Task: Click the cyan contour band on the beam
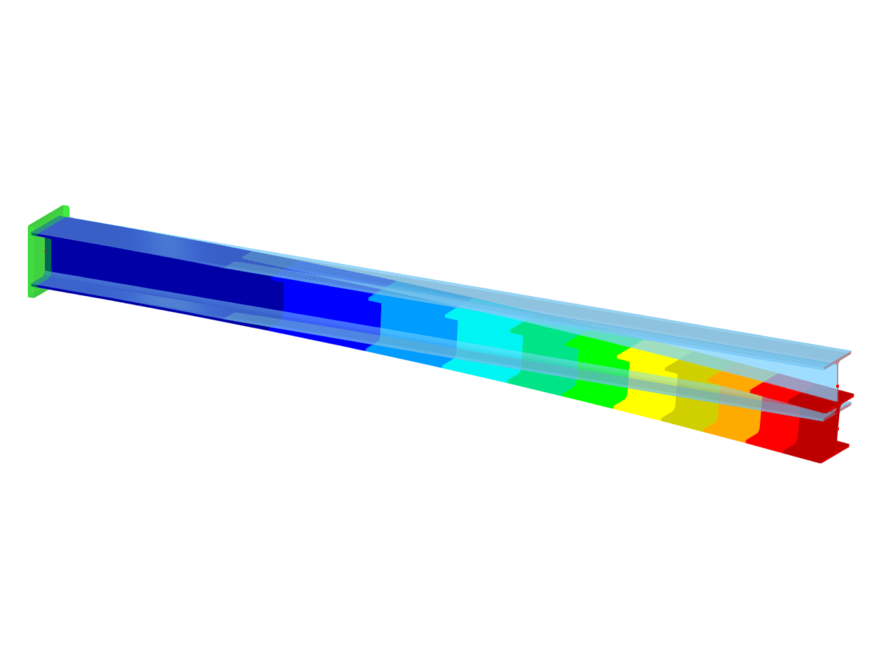tap(486, 347)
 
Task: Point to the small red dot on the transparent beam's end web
tap(838, 386)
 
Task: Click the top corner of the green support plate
tap(65, 208)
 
